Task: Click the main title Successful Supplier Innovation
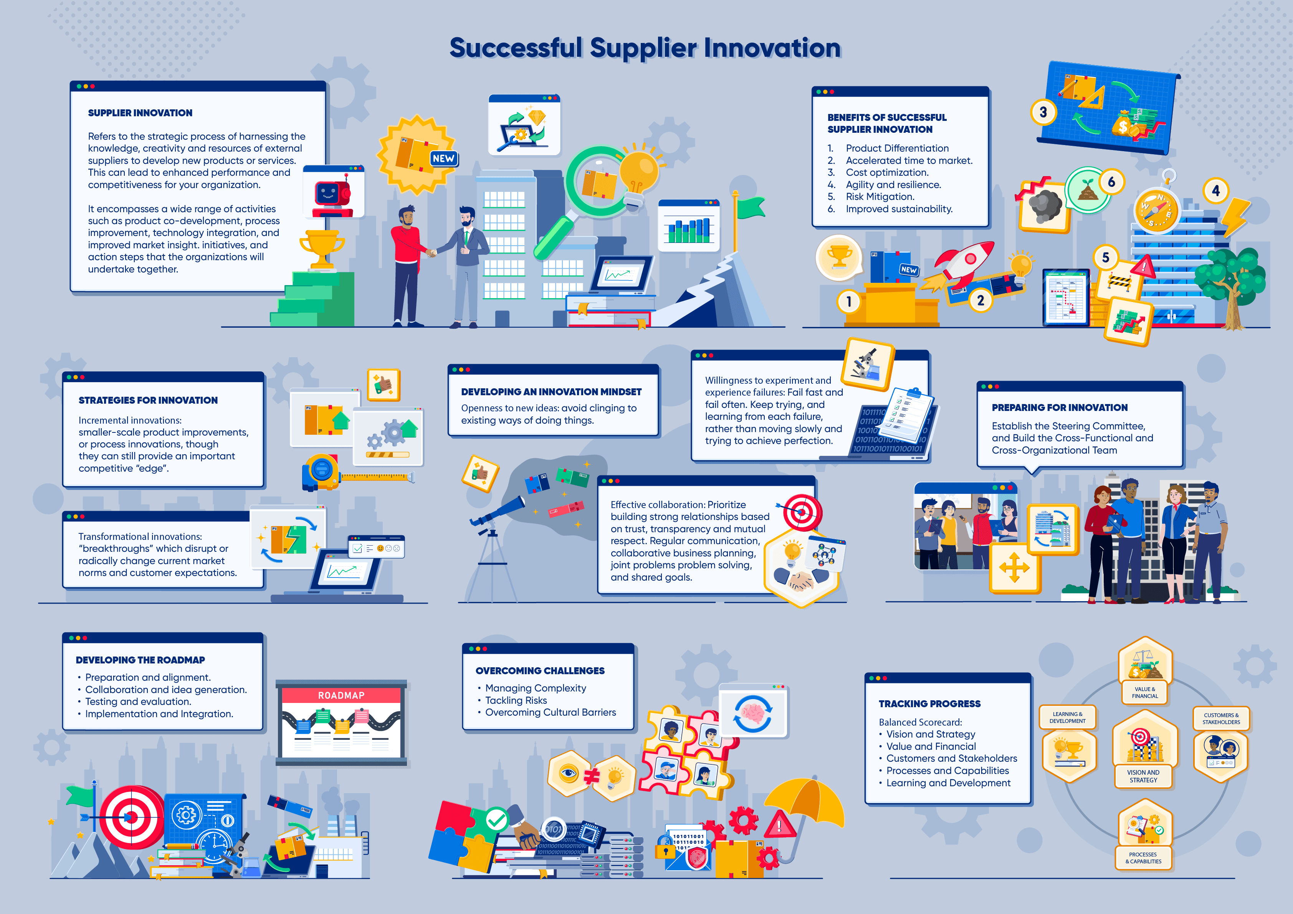[645, 48]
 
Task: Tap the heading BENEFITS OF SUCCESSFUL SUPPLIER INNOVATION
[886, 123]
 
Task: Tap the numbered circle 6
[1111, 182]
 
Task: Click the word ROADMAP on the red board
[341, 696]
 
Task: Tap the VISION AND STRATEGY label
[1143, 776]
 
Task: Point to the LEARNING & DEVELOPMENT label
[1067, 717]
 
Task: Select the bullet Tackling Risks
[516, 700]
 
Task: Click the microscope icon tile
[867, 364]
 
